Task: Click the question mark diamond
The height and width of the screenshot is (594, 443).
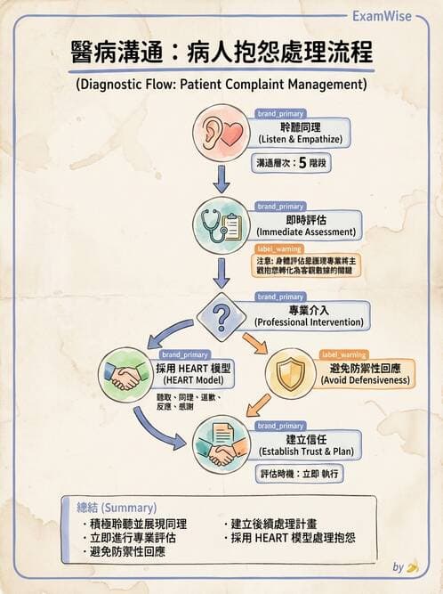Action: (222, 313)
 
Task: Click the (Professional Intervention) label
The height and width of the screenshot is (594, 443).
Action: (308, 321)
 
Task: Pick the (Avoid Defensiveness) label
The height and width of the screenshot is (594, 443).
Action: (366, 380)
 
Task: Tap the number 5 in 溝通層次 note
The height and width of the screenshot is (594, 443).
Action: (302, 163)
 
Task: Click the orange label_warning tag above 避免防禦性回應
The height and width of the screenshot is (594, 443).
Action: (342, 354)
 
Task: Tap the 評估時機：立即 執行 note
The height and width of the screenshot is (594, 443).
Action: (300, 476)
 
